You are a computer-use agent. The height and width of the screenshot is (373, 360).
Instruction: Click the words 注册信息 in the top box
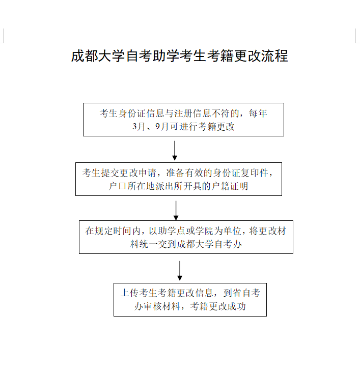click(x=192, y=113)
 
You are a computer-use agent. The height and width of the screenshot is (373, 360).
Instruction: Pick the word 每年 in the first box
click(x=258, y=113)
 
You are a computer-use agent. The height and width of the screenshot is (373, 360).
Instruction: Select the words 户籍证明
click(x=230, y=186)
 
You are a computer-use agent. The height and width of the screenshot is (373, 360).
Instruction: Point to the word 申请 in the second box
click(x=147, y=173)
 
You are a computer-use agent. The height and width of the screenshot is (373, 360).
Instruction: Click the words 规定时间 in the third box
click(x=113, y=231)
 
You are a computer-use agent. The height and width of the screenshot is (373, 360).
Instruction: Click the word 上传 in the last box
click(x=130, y=293)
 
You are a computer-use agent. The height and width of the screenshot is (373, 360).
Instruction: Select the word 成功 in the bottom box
click(x=237, y=306)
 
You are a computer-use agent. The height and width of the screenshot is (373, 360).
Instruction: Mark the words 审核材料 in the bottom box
click(x=157, y=306)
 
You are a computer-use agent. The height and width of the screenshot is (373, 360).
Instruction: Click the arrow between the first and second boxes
click(x=175, y=151)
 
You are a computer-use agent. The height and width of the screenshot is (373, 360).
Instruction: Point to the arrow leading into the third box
click(x=176, y=211)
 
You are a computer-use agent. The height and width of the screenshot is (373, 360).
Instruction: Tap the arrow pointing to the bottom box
click(x=180, y=271)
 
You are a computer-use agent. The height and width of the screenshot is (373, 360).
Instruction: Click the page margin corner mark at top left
click(x=3, y=43)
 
